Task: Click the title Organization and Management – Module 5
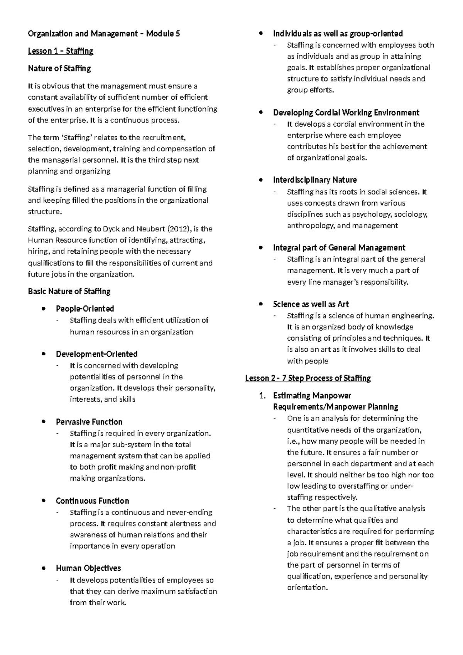coord(104,34)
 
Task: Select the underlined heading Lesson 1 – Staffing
coord(61,51)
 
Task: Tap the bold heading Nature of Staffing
coord(59,68)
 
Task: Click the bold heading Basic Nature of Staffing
coord(69,291)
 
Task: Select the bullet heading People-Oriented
coord(85,309)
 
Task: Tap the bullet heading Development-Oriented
coord(96,354)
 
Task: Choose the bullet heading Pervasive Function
coord(89,422)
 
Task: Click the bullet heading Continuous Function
coord(92,501)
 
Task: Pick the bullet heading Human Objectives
coord(88,568)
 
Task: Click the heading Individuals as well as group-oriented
coord(338,34)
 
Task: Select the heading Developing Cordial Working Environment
coord(346,113)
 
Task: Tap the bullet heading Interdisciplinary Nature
coord(315,180)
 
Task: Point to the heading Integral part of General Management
coord(339,248)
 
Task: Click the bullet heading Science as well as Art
coord(311,304)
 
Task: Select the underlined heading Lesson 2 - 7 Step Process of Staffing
coord(308,378)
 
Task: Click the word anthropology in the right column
coord(310,226)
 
